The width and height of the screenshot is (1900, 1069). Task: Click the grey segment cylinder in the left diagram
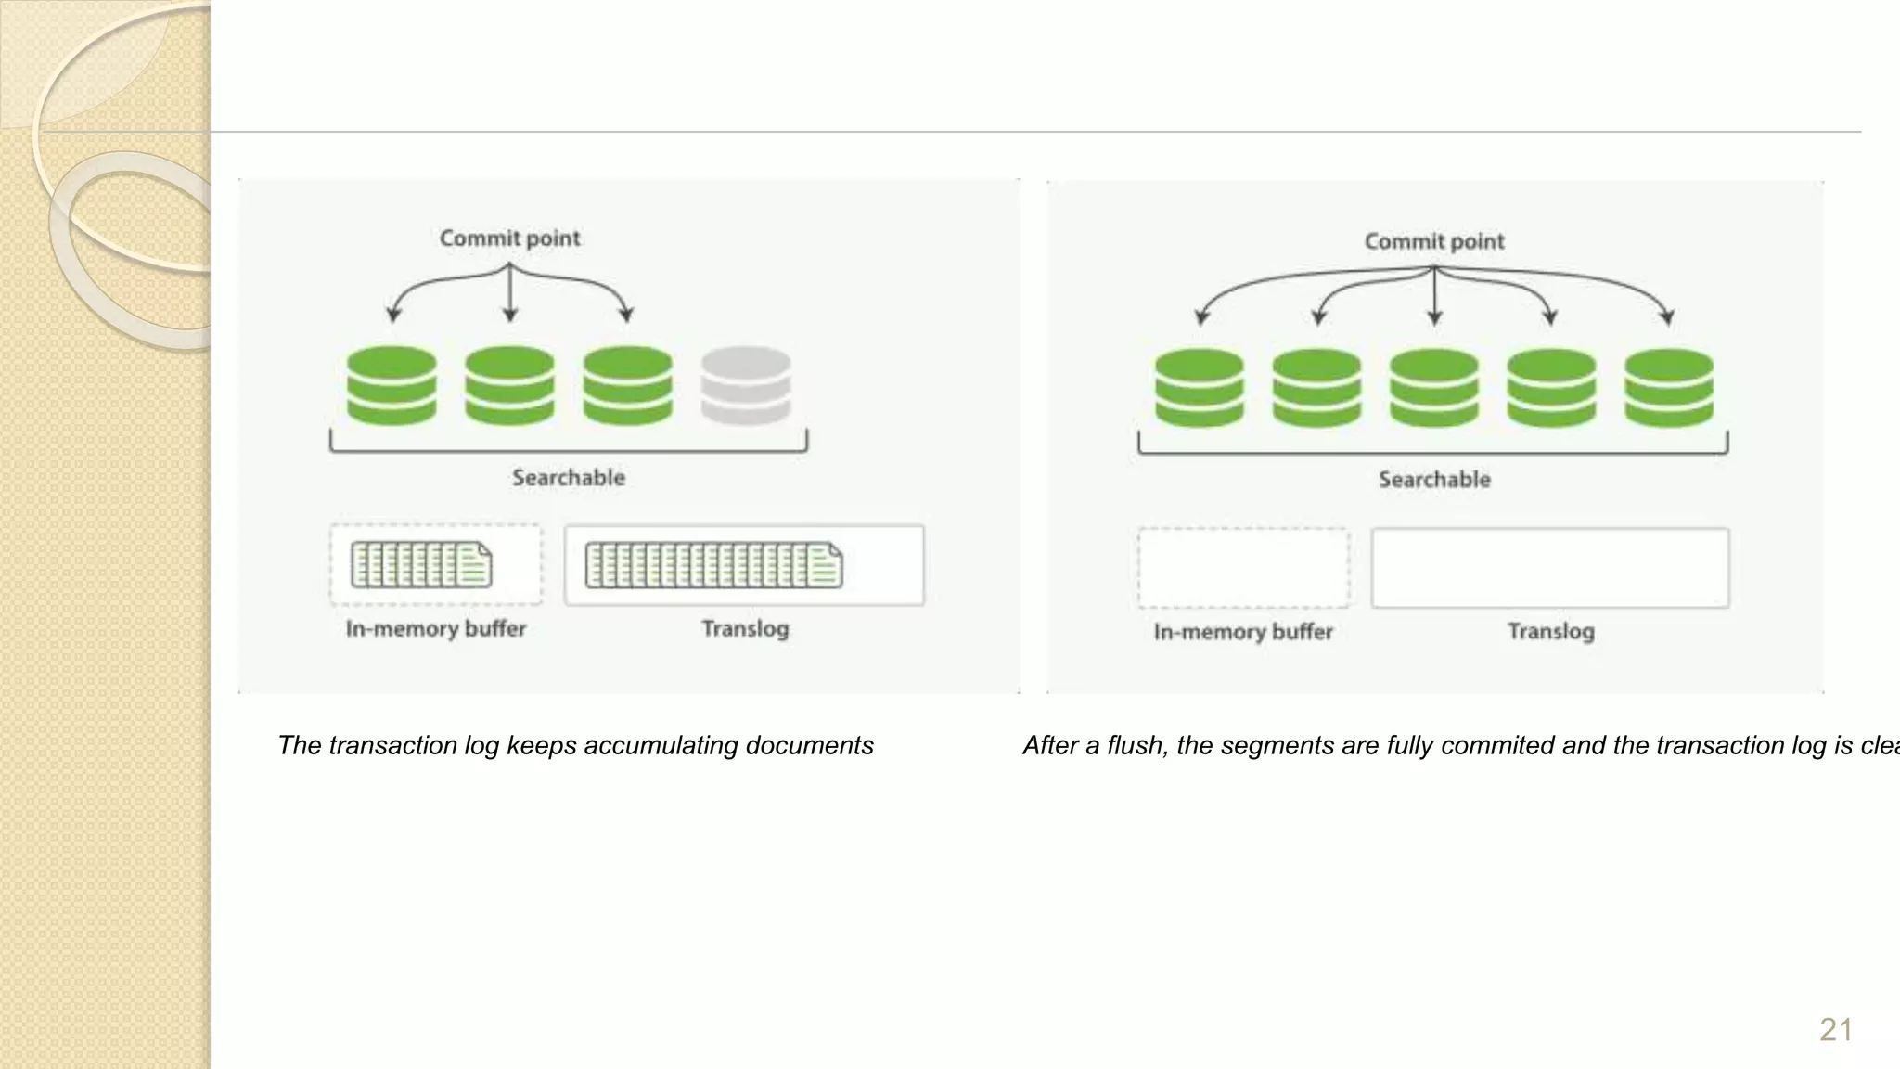[746, 385]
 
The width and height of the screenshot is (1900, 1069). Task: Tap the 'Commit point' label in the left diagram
[509, 238]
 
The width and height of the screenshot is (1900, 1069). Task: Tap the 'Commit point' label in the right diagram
[1434, 241]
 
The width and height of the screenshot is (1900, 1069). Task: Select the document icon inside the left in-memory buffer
[421, 565]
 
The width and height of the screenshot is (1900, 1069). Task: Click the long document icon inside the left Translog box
[713, 566]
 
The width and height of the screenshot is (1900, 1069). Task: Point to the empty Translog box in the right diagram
[1549, 568]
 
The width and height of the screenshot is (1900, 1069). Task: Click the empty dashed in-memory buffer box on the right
[1243, 568]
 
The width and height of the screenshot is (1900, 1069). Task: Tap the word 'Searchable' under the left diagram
[569, 478]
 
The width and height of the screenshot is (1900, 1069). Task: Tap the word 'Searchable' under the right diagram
[1434, 480]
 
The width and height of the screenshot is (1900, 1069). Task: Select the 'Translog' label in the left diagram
[745, 629]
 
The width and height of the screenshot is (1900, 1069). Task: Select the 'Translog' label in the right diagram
[1550, 632]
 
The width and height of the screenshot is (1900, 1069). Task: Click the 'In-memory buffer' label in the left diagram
[436, 629]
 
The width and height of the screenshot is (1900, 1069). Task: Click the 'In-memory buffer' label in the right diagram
[1243, 632]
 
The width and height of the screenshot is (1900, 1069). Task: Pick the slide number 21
[1835, 1030]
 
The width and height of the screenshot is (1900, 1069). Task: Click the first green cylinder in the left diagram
[392, 385]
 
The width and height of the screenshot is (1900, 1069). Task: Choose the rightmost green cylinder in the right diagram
[1668, 388]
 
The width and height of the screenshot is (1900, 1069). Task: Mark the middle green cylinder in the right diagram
[1434, 388]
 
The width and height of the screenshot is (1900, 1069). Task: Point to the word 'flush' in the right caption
[1136, 745]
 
